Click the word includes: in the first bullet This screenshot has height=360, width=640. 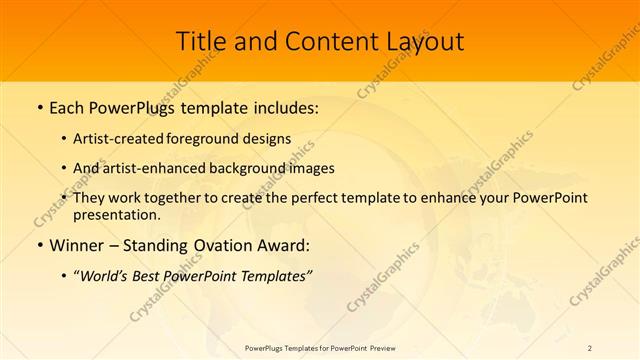[x=283, y=107]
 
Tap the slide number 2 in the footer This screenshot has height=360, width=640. [x=590, y=347]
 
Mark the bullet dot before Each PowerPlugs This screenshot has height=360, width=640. [x=39, y=108]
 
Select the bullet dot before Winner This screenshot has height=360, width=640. [x=39, y=246]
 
